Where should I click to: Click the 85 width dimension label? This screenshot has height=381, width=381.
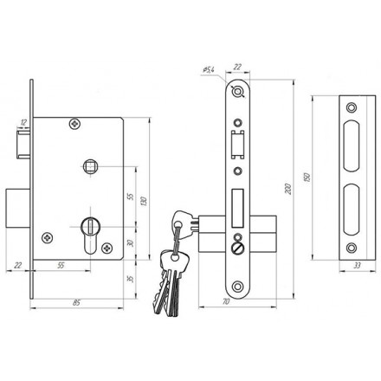[x=76, y=303]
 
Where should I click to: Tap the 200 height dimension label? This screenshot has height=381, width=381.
[x=288, y=189]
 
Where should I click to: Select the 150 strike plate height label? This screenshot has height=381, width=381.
[x=307, y=177]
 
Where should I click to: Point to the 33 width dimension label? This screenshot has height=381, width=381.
[x=358, y=266]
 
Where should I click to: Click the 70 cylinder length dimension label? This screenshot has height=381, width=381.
[x=226, y=301]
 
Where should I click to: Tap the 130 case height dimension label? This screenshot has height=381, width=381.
[x=144, y=201]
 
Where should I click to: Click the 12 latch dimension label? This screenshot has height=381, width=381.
[x=23, y=122]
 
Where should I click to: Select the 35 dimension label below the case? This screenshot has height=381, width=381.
[x=131, y=279]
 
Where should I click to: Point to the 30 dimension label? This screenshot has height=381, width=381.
[x=131, y=243]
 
